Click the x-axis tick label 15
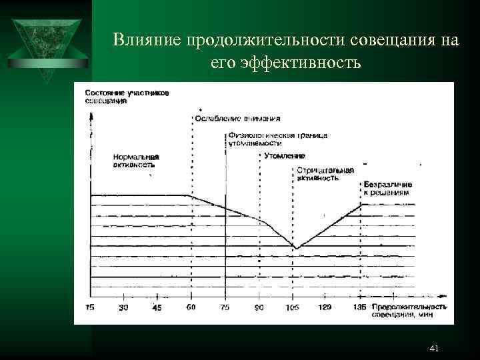coord(91,307)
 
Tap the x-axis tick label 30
coord(123,307)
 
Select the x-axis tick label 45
coord(157,307)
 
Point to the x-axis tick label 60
coord(191,307)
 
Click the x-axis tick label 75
coord(225,307)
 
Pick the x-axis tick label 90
coord(259,307)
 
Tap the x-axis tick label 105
coord(292,307)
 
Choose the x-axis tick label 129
coord(326,307)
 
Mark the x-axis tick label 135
coord(360,307)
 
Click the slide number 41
coord(435,349)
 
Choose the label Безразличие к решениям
coord(388,188)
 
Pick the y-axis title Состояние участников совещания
coord(127,97)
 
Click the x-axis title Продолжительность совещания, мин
coord(399,310)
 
